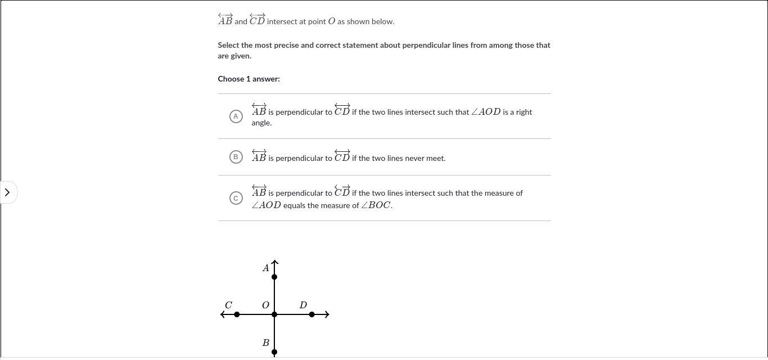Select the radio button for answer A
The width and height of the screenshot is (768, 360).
click(x=236, y=116)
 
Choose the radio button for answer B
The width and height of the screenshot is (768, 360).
click(x=236, y=157)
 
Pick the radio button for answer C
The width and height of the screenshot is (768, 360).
click(x=236, y=198)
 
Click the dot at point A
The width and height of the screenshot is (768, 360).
click(x=274, y=277)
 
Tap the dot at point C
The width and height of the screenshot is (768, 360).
click(x=237, y=314)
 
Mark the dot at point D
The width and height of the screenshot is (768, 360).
click(x=312, y=314)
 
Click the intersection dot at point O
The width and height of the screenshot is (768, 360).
click(x=274, y=314)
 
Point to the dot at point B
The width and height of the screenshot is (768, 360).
click(x=274, y=352)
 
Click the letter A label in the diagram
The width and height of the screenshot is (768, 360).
click(x=266, y=268)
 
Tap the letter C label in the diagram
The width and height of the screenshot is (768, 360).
click(x=228, y=305)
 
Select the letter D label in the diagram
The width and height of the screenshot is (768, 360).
click(x=303, y=305)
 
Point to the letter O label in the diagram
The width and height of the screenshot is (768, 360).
click(x=265, y=305)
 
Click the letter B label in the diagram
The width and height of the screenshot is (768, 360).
click(x=266, y=343)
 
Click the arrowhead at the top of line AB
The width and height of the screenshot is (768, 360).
click(x=274, y=262)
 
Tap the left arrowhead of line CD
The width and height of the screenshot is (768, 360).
click(x=223, y=314)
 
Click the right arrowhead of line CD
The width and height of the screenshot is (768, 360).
click(x=327, y=314)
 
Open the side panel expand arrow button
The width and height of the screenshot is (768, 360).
click(x=7, y=192)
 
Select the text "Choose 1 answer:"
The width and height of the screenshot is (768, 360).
click(x=249, y=79)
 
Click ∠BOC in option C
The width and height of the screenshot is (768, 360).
click(x=376, y=205)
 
